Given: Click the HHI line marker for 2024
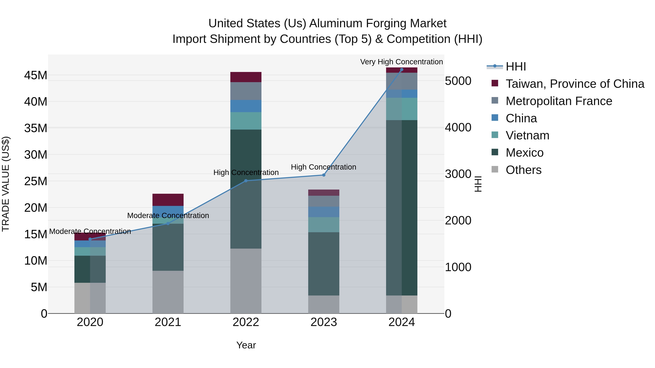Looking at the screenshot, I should [x=402, y=70].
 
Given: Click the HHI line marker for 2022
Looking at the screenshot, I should [x=246, y=181].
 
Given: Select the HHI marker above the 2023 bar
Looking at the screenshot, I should [x=324, y=175].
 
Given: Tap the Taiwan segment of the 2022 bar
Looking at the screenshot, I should [x=246, y=77].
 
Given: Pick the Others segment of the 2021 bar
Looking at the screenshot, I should [x=168, y=292].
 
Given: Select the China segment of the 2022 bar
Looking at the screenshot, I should [x=246, y=106].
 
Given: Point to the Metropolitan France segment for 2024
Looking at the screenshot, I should [x=402, y=81].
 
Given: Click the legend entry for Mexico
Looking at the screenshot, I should [x=524, y=153].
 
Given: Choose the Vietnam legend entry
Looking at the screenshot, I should [x=527, y=135].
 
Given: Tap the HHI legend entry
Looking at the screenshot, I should [x=515, y=67].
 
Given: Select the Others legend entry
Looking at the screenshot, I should [x=523, y=170].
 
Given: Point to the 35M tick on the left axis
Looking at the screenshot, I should [x=36, y=128].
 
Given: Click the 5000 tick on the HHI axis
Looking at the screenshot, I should [x=458, y=81].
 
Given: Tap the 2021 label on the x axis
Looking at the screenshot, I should [x=168, y=322].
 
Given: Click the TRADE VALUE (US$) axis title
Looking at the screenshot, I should [x=6, y=184].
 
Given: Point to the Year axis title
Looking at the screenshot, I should [x=246, y=345].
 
